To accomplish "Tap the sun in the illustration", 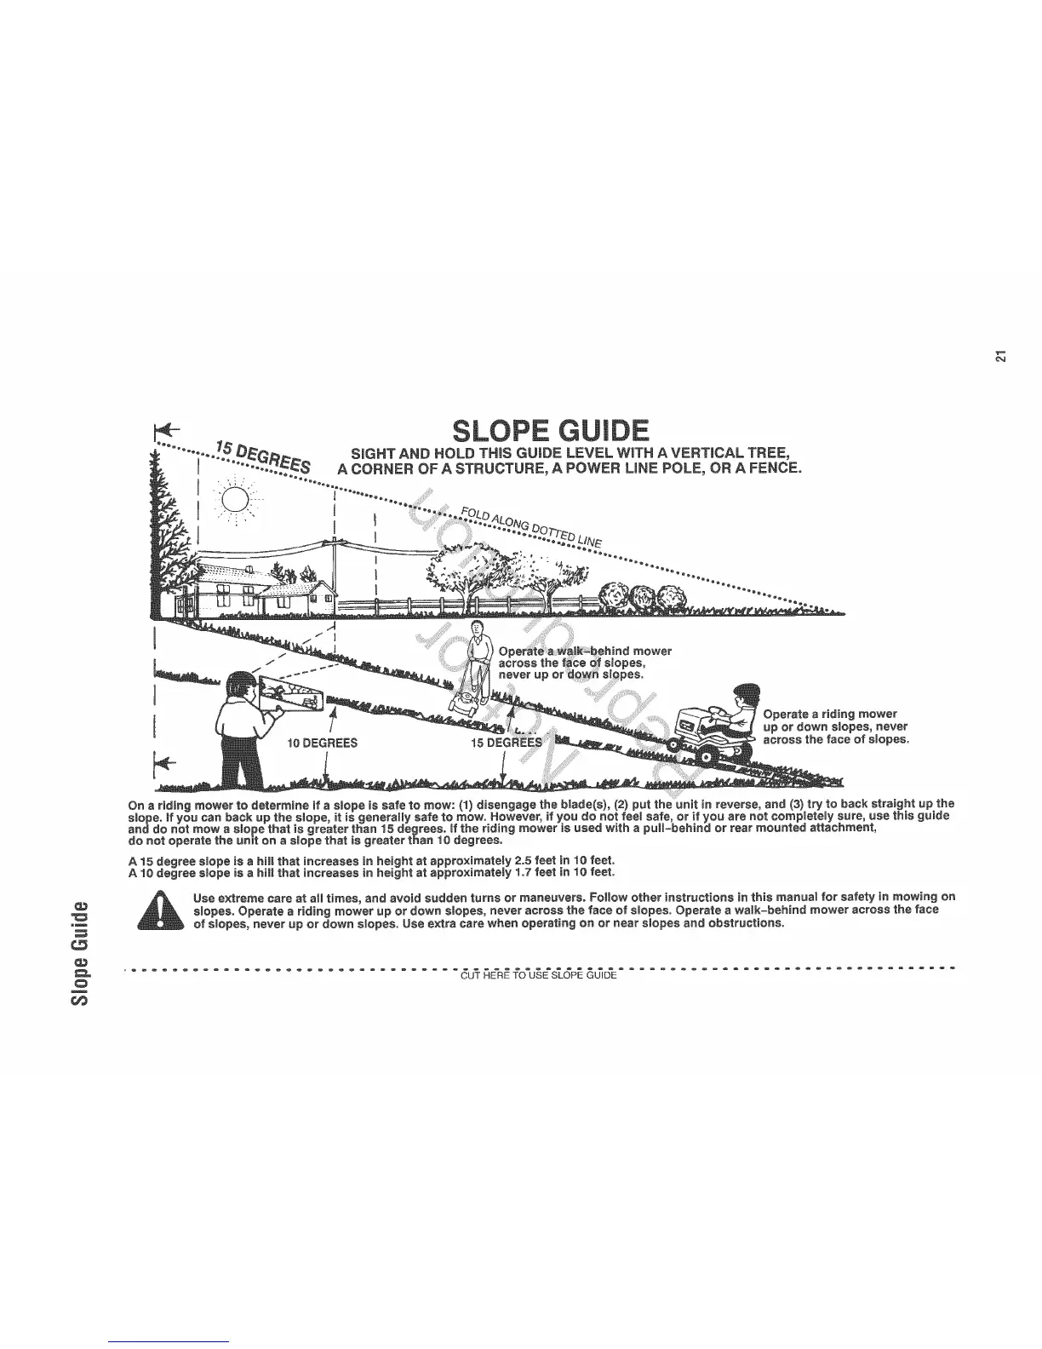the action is point(238,499).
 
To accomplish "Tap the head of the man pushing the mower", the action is point(478,632).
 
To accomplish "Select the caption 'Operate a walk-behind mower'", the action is point(585,652).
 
